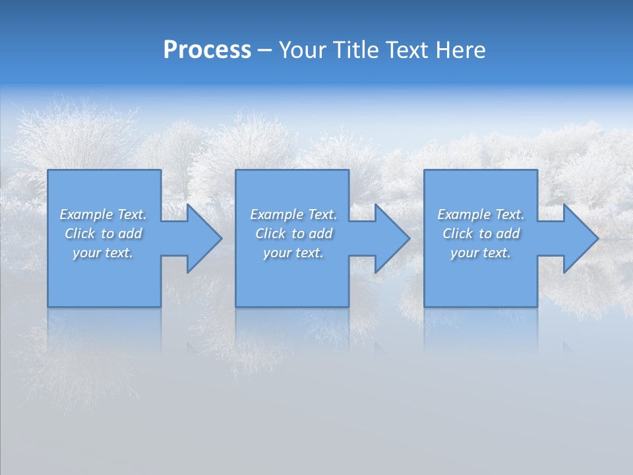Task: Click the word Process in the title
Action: coord(207,50)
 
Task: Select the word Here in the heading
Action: coord(459,50)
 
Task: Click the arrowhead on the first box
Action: coord(202,238)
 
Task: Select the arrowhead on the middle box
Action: coord(390,238)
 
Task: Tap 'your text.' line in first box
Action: coord(103,253)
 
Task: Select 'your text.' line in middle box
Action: coord(293,253)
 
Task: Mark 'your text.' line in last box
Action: coord(480,253)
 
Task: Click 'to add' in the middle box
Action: coord(311,234)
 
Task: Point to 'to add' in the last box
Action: coord(498,234)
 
